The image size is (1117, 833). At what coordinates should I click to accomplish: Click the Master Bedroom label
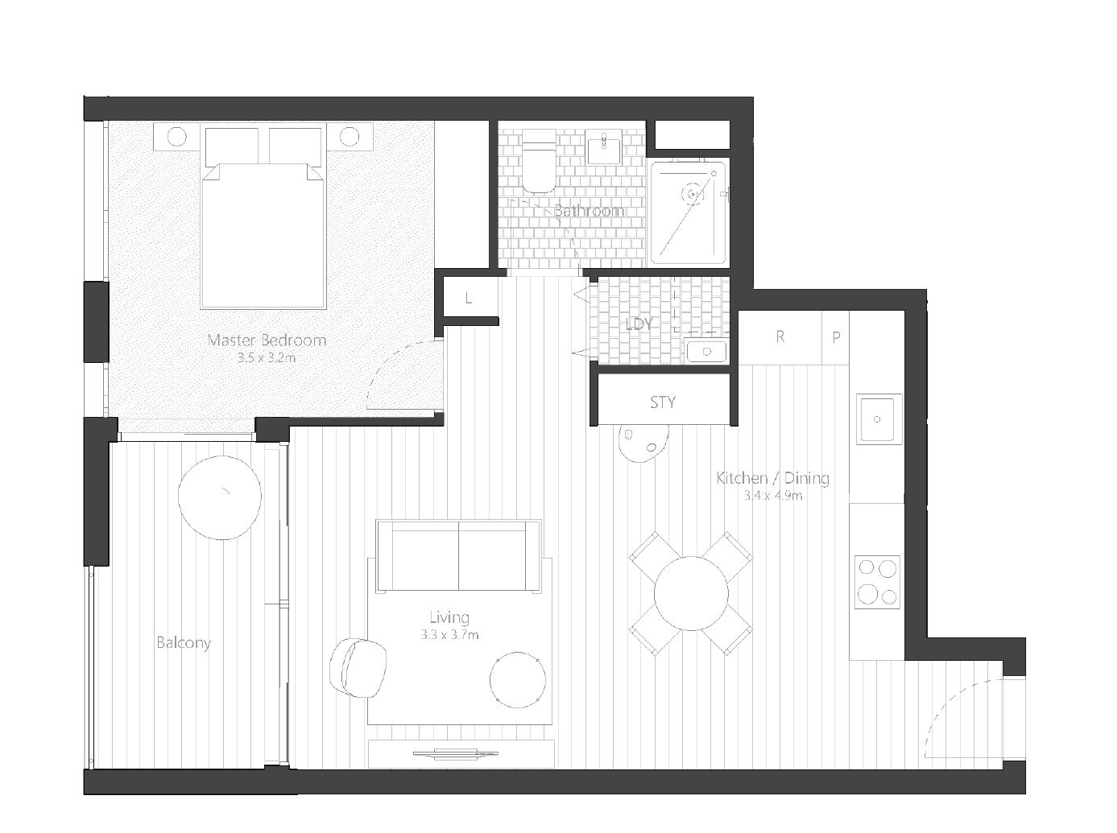(267, 340)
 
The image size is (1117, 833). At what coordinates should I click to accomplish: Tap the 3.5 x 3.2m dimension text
(267, 358)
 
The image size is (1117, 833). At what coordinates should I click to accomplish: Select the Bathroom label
(589, 211)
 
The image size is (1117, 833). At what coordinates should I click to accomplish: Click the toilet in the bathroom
(540, 161)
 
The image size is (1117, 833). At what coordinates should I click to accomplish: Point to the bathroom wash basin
(603, 146)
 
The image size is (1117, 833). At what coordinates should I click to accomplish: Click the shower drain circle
(692, 194)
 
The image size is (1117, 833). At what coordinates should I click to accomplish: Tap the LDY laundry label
(639, 324)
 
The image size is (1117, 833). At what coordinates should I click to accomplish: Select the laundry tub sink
(705, 350)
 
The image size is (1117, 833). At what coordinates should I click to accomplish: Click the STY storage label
(663, 402)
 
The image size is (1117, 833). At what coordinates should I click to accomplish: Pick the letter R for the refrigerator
(780, 336)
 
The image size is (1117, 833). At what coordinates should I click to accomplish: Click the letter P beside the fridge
(836, 337)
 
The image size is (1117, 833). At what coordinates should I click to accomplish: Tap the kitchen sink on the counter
(879, 419)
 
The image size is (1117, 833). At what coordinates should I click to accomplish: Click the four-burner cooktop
(877, 582)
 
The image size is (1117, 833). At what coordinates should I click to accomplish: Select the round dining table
(691, 593)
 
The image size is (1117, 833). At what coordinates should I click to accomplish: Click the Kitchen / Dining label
(772, 478)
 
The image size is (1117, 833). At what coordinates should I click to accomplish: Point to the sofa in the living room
(459, 556)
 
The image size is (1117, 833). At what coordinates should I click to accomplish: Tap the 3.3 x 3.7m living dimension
(449, 635)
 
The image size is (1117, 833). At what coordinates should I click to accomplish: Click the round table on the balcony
(220, 497)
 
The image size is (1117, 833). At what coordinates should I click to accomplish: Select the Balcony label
(183, 643)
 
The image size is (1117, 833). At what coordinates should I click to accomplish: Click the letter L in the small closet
(469, 298)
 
